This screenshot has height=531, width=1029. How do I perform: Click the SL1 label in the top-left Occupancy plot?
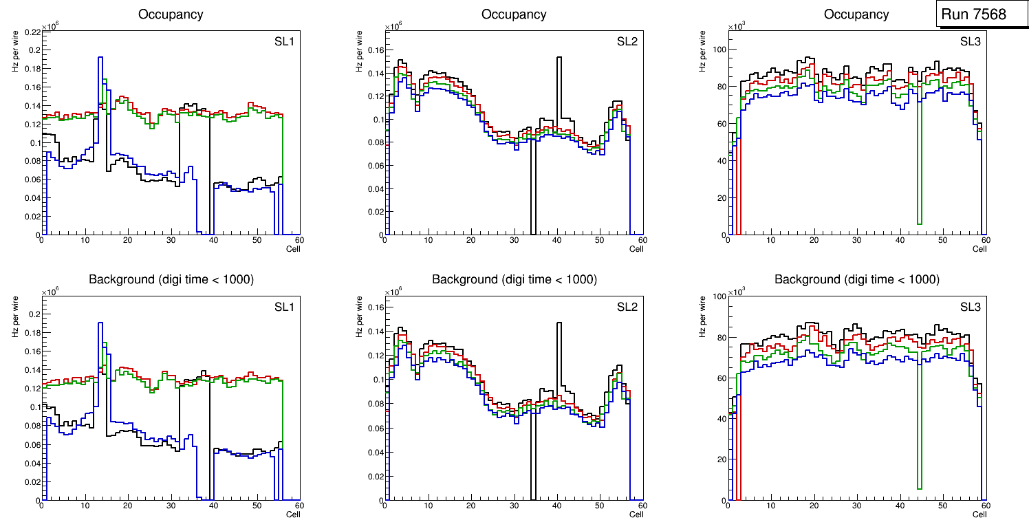285,41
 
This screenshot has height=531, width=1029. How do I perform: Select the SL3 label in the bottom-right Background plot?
971,307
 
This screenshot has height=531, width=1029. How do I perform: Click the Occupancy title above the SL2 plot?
514,14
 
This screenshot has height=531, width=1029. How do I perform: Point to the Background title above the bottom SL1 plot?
171,279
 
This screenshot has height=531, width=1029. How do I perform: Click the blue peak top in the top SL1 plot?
100,58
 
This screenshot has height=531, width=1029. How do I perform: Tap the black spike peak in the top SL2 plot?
559,58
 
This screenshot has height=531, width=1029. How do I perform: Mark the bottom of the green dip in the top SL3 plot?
919,224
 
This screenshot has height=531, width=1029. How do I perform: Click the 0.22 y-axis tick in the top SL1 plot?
32,32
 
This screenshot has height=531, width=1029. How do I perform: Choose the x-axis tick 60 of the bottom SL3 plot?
985,506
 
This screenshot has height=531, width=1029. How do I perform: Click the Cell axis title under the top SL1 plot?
292,248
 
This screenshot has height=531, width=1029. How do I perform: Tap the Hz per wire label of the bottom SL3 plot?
703,316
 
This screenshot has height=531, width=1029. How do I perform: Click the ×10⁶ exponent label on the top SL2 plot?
393,27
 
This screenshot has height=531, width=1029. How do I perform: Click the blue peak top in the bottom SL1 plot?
100,323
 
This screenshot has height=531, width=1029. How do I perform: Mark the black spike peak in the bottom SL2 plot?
559,323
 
